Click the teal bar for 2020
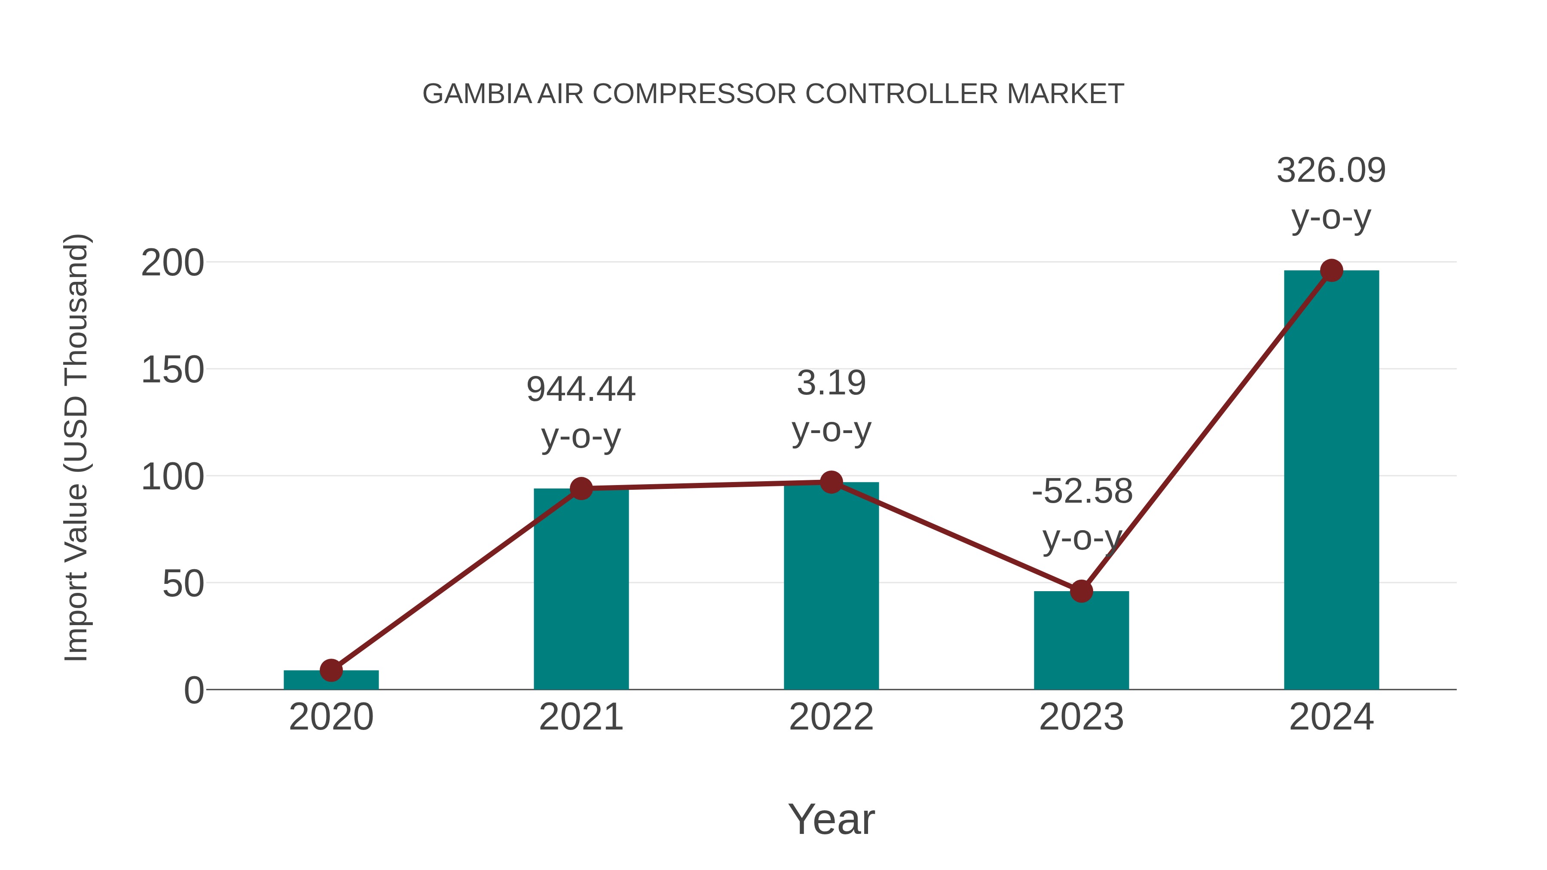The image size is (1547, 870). coord(331,680)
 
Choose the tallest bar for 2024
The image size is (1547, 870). coord(1331,480)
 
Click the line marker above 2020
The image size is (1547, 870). coord(331,670)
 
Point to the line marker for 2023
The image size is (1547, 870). coord(1081,592)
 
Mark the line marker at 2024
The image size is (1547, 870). coord(1331,271)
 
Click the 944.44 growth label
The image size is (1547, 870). coord(581,389)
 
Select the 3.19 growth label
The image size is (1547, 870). coord(831,383)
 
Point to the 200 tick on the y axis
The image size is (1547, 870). coord(172,263)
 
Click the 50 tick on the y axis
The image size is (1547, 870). coord(183,583)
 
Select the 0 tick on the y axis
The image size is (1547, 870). coord(194,690)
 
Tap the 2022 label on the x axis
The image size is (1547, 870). coord(831,717)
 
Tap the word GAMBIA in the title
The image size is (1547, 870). coord(477,94)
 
